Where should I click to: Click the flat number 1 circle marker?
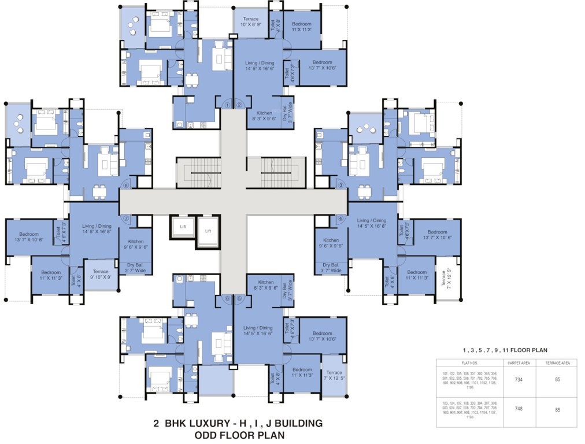227,105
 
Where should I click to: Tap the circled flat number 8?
127,185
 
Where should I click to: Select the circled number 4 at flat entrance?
340,219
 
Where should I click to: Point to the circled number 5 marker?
239,298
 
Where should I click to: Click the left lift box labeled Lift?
183,227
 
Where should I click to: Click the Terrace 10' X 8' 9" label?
250,22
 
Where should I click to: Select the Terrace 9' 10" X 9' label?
101,274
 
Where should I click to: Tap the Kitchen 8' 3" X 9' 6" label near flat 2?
264,116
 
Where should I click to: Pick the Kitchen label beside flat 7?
136,244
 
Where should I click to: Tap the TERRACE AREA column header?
557,363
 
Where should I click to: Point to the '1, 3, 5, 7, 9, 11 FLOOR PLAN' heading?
505,350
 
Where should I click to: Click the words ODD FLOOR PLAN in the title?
239,434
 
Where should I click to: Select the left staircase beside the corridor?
198,172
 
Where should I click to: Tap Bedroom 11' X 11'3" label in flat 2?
302,27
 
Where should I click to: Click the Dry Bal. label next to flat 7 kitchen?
136,267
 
